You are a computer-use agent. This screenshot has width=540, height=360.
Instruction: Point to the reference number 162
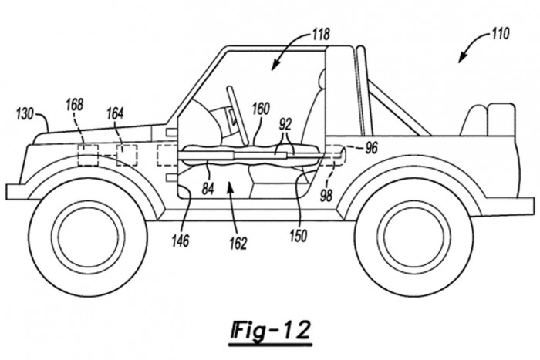click(238, 244)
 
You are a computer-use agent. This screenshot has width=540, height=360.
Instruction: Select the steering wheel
click(234, 104)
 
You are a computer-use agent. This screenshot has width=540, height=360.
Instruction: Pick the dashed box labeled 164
click(127, 155)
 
